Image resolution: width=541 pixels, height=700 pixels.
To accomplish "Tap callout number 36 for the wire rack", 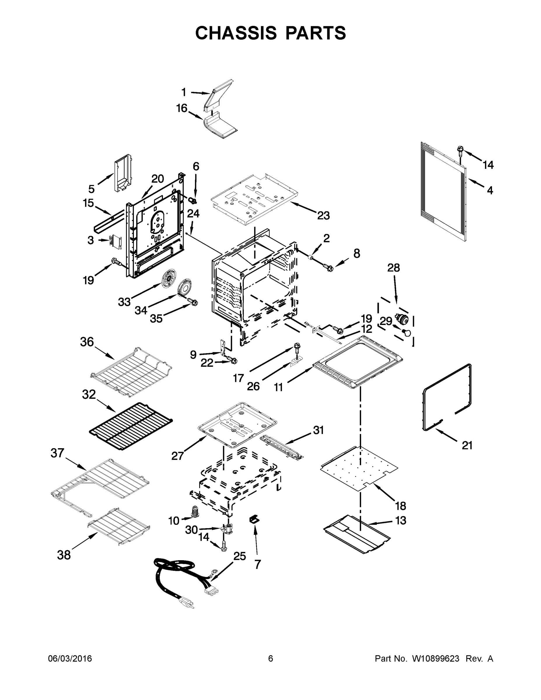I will coord(87,342).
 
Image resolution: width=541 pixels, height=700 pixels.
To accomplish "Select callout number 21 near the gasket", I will coord(467,445).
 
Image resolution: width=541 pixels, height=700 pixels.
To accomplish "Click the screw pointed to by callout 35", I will coord(192,302).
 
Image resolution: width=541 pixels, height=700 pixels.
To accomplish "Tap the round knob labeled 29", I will coord(407,333).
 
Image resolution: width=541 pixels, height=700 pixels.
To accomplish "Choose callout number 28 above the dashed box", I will coord(393,268).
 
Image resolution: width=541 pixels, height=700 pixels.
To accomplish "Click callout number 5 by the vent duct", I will coord(91,189).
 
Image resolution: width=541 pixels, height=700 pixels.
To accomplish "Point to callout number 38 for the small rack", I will coord(64,555).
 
